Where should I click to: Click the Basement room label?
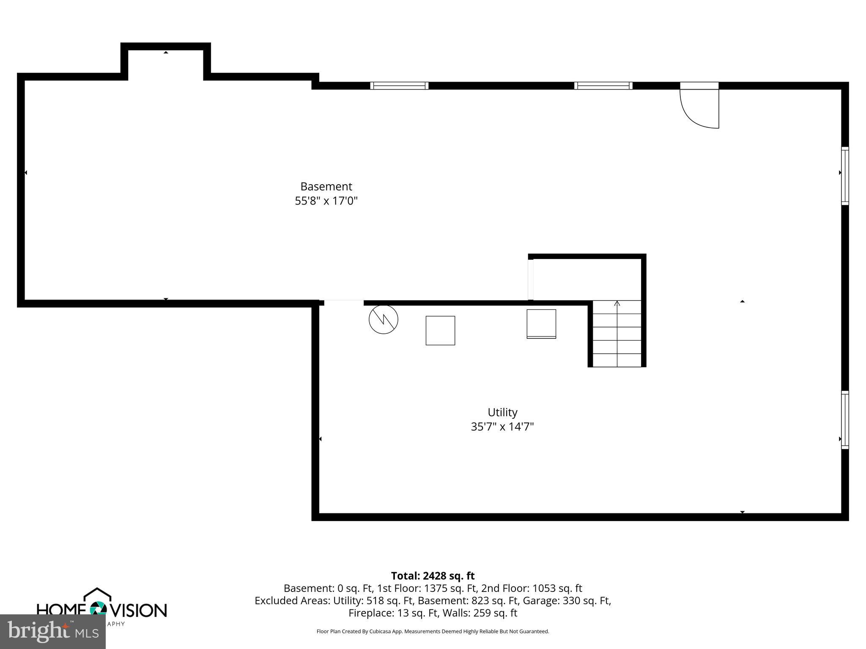pyautogui.click(x=326, y=186)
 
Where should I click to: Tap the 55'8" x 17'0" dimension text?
pyautogui.click(x=326, y=201)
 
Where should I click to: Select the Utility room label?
pyautogui.click(x=502, y=412)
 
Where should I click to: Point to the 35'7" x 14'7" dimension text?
pyautogui.click(x=502, y=427)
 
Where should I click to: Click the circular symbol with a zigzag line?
pyautogui.click(x=383, y=319)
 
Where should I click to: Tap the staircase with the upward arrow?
pyautogui.click(x=617, y=333)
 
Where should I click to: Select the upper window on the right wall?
pyautogui.click(x=844, y=176)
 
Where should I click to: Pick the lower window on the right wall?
pyautogui.click(x=844, y=420)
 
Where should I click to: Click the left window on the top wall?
pyautogui.click(x=399, y=86)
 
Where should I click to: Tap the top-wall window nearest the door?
pyautogui.click(x=603, y=86)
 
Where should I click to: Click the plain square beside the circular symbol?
pyautogui.click(x=440, y=330)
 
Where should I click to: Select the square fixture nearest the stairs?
pyautogui.click(x=541, y=324)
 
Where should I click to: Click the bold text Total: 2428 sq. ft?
pyautogui.click(x=433, y=576)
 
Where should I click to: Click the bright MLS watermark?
pyautogui.click(x=53, y=631)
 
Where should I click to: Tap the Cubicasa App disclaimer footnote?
pyautogui.click(x=433, y=631)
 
